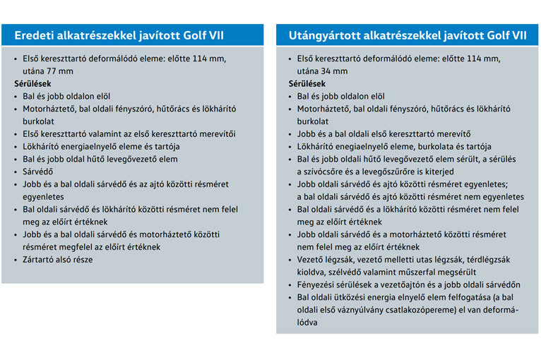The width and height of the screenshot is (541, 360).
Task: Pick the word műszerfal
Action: click(424, 272)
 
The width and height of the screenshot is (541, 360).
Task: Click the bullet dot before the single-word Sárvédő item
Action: click(18, 172)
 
